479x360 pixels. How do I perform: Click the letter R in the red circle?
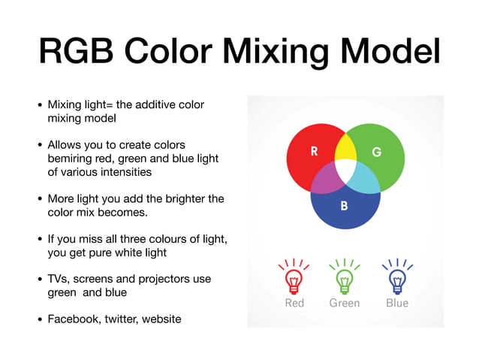[x=314, y=152]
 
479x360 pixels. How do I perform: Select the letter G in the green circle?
[x=376, y=152]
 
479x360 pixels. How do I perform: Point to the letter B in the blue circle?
[x=344, y=204]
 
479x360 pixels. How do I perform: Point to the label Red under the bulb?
[x=294, y=303]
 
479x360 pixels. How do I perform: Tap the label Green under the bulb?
[x=345, y=303]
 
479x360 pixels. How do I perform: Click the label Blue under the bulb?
[x=397, y=303]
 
